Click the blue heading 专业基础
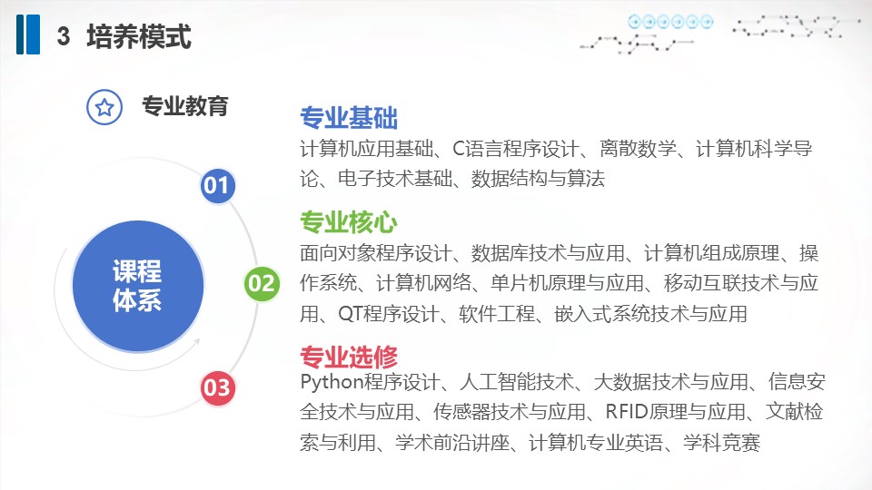pyautogui.click(x=349, y=118)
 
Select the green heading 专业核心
pyautogui.click(x=349, y=222)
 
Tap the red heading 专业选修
pyautogui.click(x=349, y=357)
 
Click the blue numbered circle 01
pyautogui.click(x=217, y=185)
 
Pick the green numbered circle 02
pyautogui.click(x=262, y=284)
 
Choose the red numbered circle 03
pyautogui.click(x=217, y=387)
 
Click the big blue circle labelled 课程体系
pyautogui.click(x=138, y=286)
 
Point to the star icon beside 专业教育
pyautogui.click(x=104, y=107)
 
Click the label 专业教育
pyautogui.click(x=185, y=106)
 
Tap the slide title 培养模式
pyautogui.click(x=139, y=36)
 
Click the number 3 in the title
pyautogui.click(x=64, y=36)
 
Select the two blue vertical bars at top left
pyautogui.click(x=28, y=34)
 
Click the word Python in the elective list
pyautogui.click(x=332, y=383)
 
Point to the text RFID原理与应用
pyautogui.click(x=675, y=412)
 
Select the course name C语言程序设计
pyautogui.click(x=516, y=149)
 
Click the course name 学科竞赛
pyautogui.click(x=722, y=443)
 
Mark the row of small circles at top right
pyautogui.click(x=670, y=22)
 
